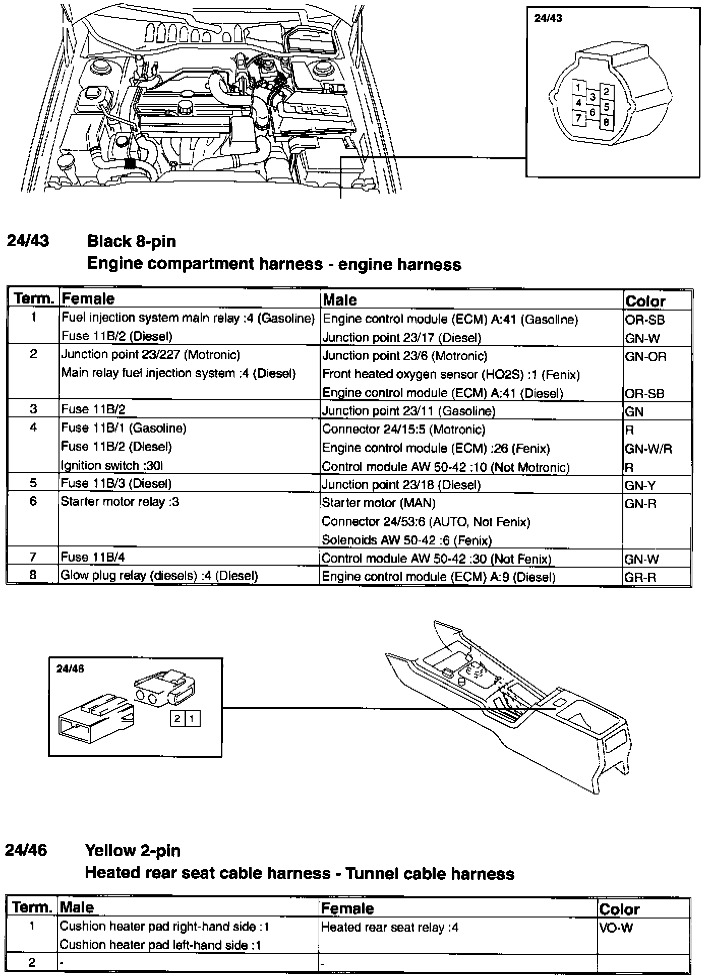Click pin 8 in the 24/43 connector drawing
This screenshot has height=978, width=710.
(606, 122)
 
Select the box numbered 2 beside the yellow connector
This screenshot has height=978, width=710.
(177, 719)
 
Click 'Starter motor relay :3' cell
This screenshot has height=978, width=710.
(120, 502)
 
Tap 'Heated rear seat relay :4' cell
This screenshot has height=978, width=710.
(389, 927)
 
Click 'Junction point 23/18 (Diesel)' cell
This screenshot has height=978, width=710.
(401, 485)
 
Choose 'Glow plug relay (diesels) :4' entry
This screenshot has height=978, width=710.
(159, 576)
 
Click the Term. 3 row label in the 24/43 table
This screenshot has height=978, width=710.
(33, 409)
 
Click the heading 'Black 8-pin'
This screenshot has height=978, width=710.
(131, 241)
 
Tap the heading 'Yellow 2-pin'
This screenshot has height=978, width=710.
(133, 850)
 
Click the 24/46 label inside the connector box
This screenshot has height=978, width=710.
(70, 668)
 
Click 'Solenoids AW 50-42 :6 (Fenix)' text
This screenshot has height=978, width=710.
(406, 540)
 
